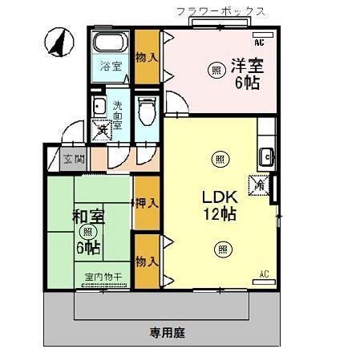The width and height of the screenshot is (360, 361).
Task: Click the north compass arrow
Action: (59, 41)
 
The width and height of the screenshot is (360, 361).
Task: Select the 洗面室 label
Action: (117, 112)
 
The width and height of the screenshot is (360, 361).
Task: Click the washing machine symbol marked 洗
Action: (102, 129)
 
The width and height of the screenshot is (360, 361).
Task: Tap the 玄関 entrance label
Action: (71, 159)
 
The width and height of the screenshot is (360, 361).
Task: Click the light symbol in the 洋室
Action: (216, 70)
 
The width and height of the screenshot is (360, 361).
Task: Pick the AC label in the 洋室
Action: (258, 39)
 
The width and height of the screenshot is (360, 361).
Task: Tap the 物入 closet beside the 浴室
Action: (145, 57)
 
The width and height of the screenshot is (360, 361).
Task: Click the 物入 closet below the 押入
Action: (146, 261)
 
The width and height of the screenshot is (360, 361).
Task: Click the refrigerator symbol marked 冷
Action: (259, 184)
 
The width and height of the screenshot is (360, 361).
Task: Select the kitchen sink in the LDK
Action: (266, 156)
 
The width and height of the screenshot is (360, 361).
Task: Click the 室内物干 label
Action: (103, 278)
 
